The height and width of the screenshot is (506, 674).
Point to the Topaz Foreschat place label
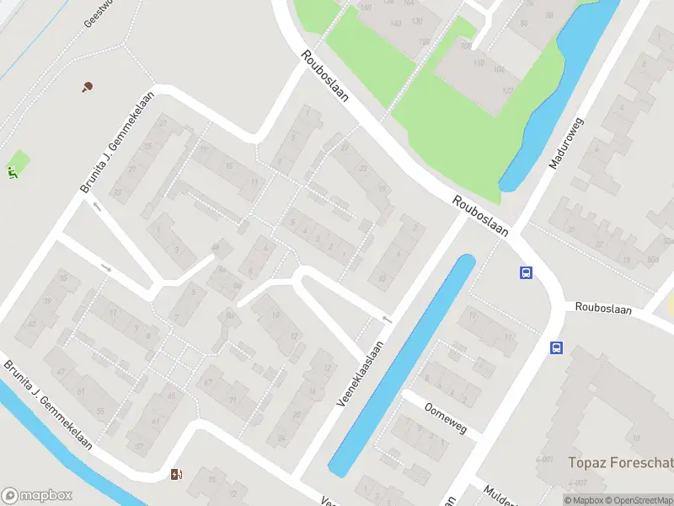coord(621,462)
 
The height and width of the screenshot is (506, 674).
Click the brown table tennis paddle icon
coord(87,86)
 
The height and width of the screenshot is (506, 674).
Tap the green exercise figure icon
coord(13,173)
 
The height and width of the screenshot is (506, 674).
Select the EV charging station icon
coord(176,475)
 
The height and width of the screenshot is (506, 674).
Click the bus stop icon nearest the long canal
coord(527,272)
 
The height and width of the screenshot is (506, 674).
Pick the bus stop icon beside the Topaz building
coord(556,347)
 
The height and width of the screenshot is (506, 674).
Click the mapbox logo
coord(37,495)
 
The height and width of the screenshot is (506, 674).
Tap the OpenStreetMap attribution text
coord(639,500)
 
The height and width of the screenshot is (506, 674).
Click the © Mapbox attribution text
coord(584,500)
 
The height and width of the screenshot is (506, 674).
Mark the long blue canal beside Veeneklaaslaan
coord(403,363)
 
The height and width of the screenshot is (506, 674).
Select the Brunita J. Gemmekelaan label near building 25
coord(115,142)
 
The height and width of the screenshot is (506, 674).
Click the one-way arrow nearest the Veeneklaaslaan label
coord(387,319)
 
